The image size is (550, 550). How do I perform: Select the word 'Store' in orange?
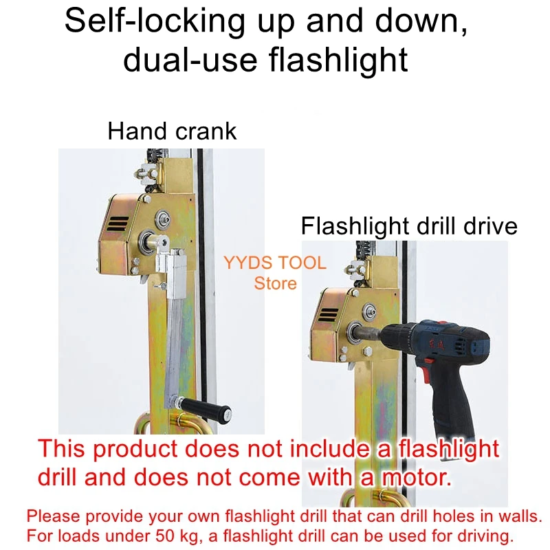pos(275,283)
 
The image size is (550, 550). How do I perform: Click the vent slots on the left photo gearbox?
pos(117,224)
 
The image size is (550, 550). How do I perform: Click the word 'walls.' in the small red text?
pos(522,515)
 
